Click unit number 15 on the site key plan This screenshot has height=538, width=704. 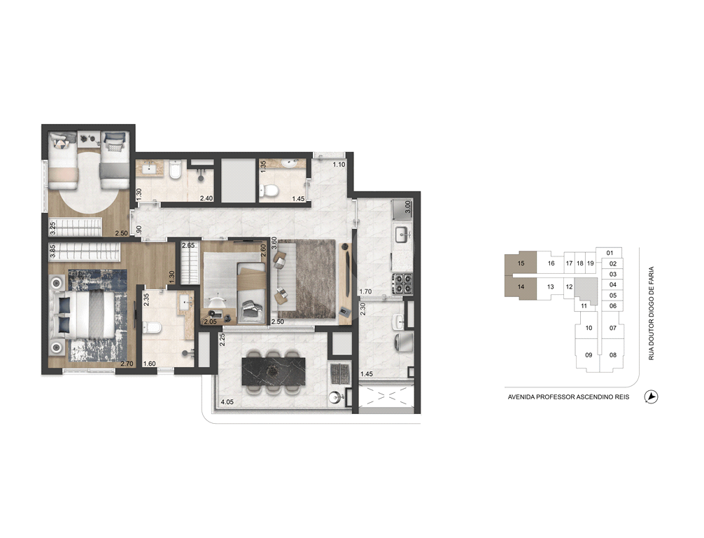pyautogui.click(x=521, y=263)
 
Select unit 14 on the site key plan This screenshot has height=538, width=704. pyautogui.click(x=521, y=287)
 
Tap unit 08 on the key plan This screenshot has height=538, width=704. pyautogui.click(x=613, y=354)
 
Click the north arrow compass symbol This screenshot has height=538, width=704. pyautogui.click(x=651, y=397)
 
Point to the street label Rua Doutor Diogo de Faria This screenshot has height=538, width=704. pyautogui.click(x=652, y=313)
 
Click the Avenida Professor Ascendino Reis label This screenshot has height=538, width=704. pyautogui.click(x=568, y=397)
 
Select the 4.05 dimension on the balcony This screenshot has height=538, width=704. pyautogui.click(x=227, y=402)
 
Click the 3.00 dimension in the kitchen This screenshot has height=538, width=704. pyautogui.click(x=408, y=207)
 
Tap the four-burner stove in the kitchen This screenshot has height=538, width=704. pyautogui.click(x=402, y=283)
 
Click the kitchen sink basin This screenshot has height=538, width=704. pyautogui.click(x=402, y=234)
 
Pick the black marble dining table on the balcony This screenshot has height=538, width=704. pyautogui.click(x=274, y=371)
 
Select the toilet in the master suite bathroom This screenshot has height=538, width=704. pyautogui.click(x=152, y=327)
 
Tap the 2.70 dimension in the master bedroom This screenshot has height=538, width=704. pyautogui.click(x=127, y=364)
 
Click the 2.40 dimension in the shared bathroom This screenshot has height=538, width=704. pyautogui.click(x=206, y=198)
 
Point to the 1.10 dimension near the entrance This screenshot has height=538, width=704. pyautogui.click(x=339, y=165)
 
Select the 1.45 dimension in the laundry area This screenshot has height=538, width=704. pyautogui.click(x=367, y=373)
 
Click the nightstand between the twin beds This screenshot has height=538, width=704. pyautogui.click(x=89, y=139)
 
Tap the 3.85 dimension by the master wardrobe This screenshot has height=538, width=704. pyautogui.click(x=52, y=251)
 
